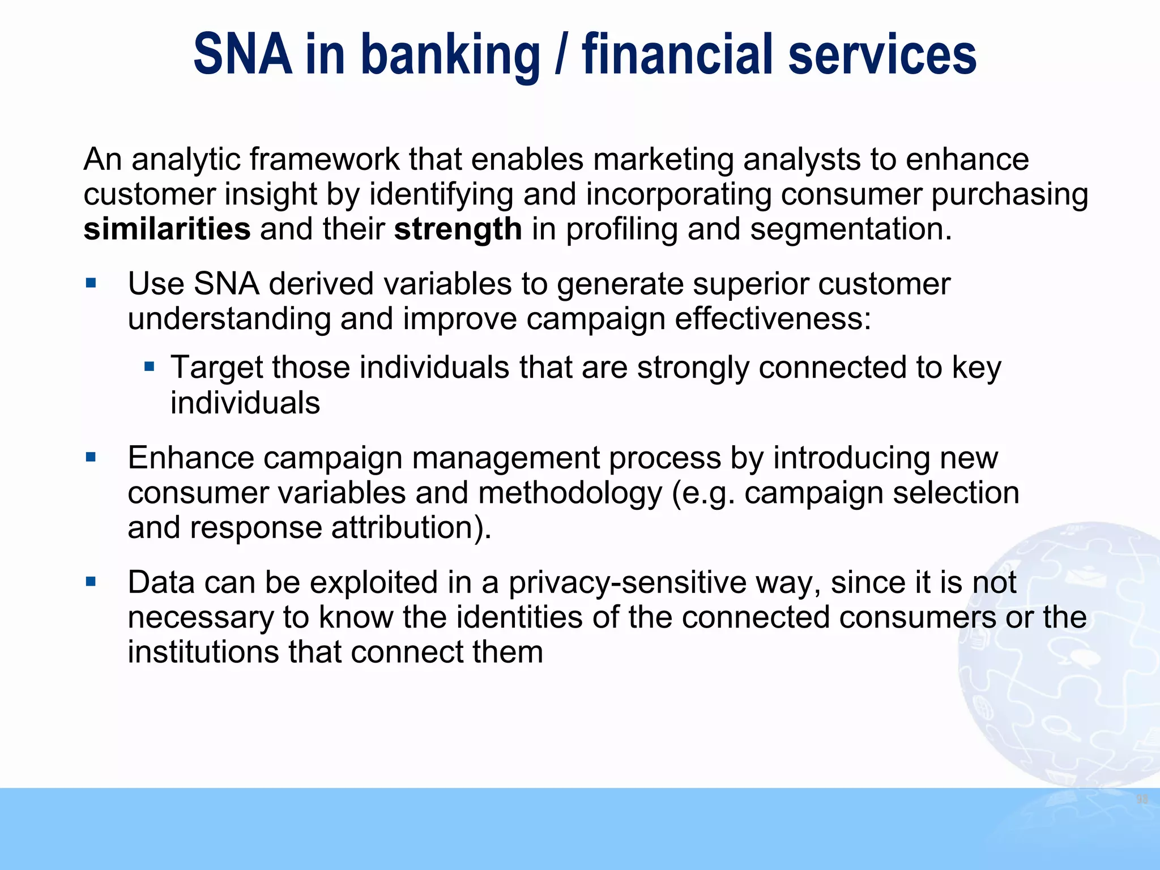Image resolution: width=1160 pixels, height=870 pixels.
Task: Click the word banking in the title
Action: pos(450,55)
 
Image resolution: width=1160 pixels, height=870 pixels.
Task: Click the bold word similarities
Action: pos(167,229)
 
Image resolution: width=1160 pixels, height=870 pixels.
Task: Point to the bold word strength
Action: pos(458,229)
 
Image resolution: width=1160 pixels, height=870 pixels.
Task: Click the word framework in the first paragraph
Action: pos(325,159)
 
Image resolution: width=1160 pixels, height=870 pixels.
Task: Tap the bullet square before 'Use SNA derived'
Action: pos(91,282)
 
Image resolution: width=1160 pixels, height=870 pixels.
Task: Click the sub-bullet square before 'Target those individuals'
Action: pos(150,366)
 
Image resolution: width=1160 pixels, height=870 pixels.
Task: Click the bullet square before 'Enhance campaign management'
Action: pos(91,457)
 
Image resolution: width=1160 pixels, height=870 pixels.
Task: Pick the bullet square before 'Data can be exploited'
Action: pos(91,581)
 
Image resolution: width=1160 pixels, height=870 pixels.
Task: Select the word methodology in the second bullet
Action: pos(570,493)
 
